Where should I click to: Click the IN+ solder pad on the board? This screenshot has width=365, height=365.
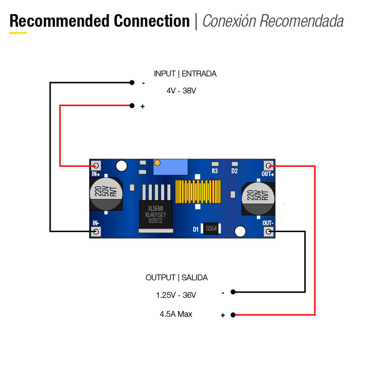[96, 165]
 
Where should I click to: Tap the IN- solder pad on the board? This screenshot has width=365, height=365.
[96, 232]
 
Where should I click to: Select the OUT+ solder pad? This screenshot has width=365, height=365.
[268, 165]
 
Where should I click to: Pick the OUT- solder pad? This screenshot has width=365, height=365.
[268, 232]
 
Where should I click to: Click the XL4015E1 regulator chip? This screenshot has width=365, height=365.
[156, 214]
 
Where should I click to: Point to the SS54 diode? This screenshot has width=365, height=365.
[211, 228]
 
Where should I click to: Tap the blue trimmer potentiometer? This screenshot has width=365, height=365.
[170, 167]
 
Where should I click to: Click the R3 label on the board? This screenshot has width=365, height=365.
[215, 171]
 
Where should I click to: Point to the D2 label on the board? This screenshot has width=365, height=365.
[235, 171]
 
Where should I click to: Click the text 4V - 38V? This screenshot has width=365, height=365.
[181, 91]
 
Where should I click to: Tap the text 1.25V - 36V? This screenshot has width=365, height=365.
[176, 295]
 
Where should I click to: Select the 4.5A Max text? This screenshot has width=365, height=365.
[176, 314]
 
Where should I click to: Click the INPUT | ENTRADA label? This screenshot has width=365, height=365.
[185, 74]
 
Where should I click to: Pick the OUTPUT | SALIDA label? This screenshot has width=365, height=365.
[177, 277]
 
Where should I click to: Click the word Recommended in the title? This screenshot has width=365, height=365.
[59, 21]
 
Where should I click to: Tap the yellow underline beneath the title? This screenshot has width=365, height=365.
[18, 33]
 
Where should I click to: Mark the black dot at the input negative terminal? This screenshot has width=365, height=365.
[131, 83]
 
